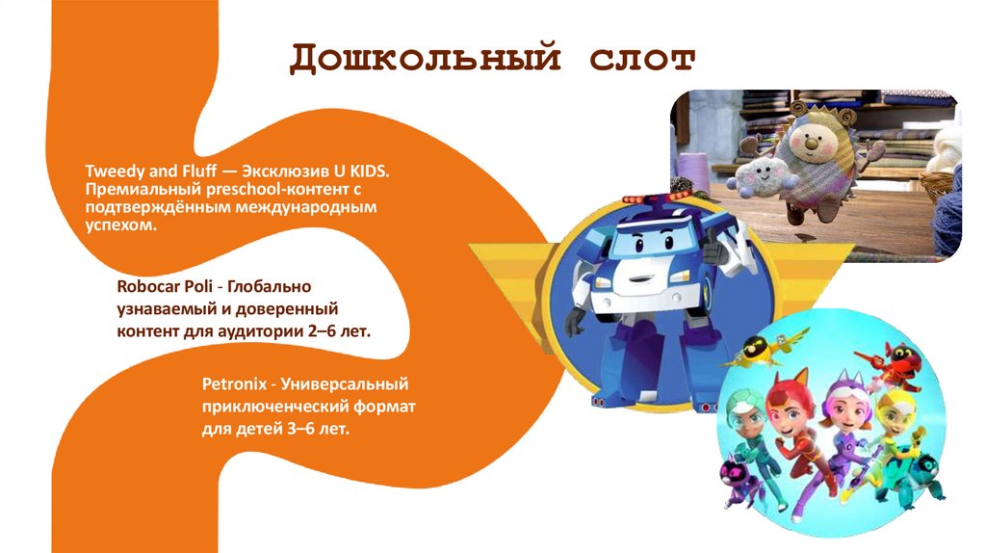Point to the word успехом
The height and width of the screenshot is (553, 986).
[x=119, y=225]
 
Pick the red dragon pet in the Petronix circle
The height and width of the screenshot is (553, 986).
[x=905, y=366]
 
